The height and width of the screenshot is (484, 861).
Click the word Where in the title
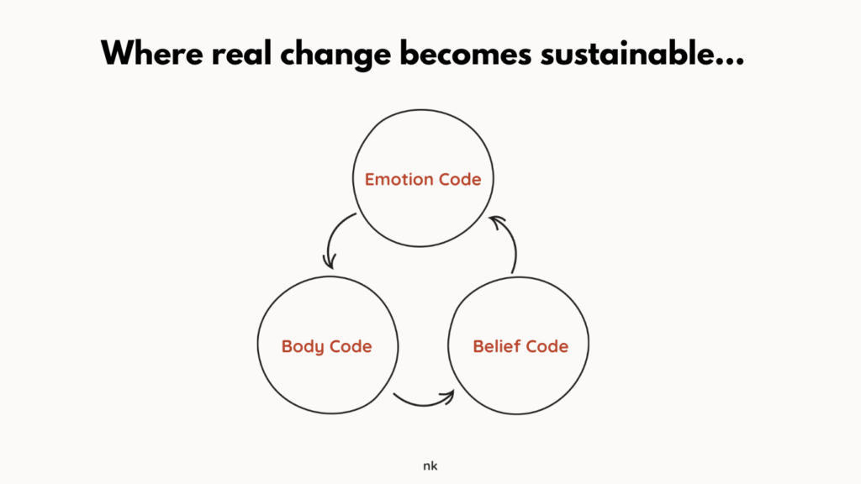point(152,54)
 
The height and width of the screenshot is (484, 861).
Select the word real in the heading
point(241,54)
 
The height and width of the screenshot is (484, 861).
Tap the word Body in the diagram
point(302,347)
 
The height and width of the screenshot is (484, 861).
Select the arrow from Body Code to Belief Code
point(424,404)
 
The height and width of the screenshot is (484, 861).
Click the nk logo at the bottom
point(430,466)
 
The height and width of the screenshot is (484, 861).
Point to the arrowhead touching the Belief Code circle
point(449,397)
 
